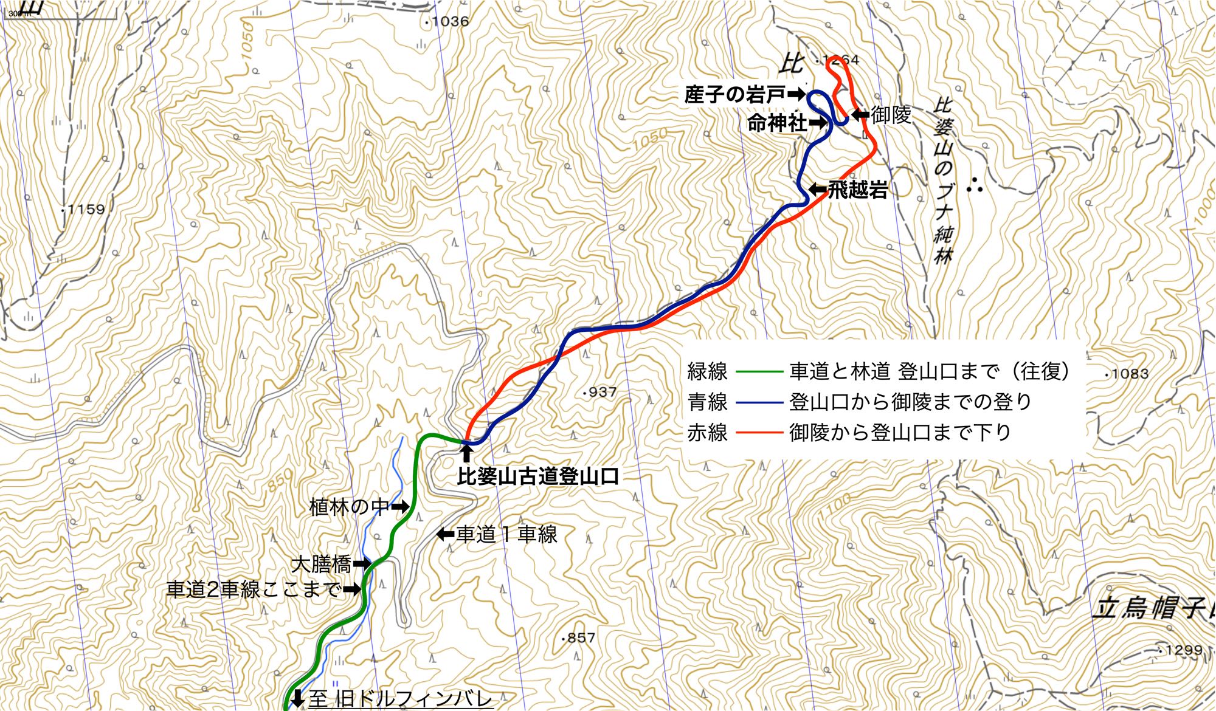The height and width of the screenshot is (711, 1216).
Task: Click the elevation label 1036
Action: point(450,21)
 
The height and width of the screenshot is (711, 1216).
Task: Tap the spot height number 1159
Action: point(86,210)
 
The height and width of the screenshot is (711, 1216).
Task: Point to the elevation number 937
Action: point(602,393)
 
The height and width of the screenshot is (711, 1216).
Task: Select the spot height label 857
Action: point(581,638)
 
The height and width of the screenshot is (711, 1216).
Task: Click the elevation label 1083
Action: point(1130,374)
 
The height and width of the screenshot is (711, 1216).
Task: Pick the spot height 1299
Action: point(1184,650)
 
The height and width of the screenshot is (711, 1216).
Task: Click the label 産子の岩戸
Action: point(734,95)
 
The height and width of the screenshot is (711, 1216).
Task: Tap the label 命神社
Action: point(777,123)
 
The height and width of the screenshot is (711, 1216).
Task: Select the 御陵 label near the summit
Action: point(891,114)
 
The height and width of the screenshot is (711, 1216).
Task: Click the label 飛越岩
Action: point(858,190)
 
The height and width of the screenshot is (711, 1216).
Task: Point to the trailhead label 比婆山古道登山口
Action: point(538,476)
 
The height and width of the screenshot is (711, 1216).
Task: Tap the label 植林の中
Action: point(349,506)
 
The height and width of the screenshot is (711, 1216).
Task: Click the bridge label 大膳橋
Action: point(322,565)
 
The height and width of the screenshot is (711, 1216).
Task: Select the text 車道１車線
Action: point(506,535)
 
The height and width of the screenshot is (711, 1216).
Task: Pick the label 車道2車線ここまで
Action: point(254,589)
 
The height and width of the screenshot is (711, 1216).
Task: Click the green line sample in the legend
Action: point(758,371)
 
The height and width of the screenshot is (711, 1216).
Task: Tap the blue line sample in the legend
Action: point(758,402)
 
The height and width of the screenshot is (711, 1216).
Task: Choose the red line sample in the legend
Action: point(758,433)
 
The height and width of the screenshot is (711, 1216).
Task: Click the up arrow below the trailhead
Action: point(466,454)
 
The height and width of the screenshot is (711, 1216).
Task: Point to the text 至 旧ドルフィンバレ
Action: point(401,699)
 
